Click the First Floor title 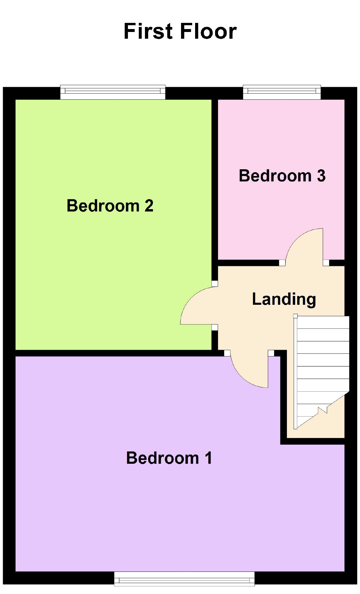point(180,31)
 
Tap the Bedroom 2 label point(110,206)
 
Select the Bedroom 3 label point(282,176)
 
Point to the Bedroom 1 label point(169,458)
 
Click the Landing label point(284,299)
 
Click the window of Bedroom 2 point(113,92)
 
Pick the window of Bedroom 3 point(282,92)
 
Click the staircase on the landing point(323,367)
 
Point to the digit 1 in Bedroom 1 point(209,458)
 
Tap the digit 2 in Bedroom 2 point(149,206)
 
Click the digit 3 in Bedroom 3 point(321,176)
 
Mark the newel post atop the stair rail point(295,316)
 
